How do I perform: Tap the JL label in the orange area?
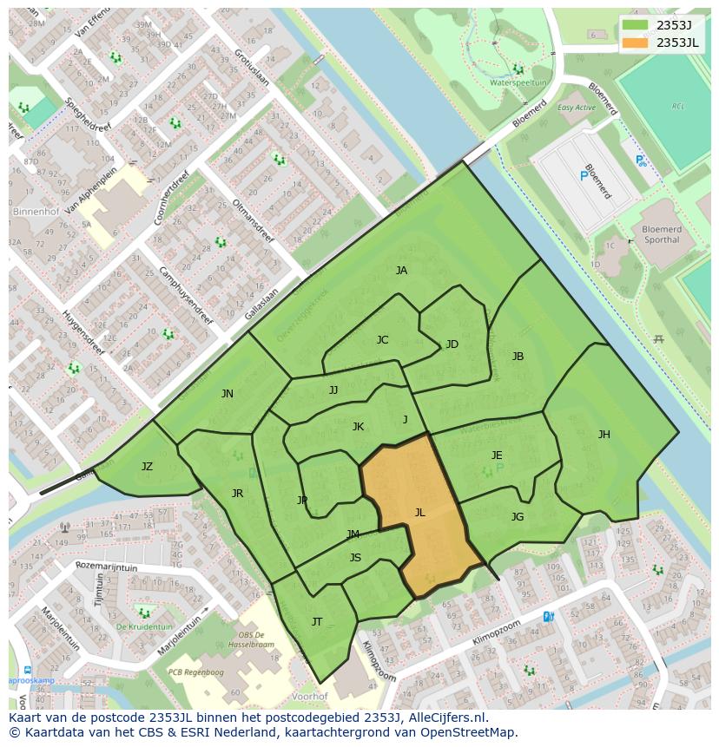click(x=419, y=513)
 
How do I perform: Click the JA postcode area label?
click(x=401, y=271)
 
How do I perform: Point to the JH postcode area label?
click(x=604, y=435)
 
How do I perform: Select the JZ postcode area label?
click(x=147, y=467)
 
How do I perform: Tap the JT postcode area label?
click(x=317, y=621)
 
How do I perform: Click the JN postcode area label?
click(x=227, y=394)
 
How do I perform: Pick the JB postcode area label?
click(x=518, y=357)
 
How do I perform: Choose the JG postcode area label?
click(x=518, y=517)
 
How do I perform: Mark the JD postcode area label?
click(x=452, y=344)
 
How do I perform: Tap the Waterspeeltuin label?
click(x=518, y=82)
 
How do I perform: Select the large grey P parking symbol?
click(x=583, y=176)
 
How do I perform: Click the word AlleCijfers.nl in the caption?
click(x=447, y=718)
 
